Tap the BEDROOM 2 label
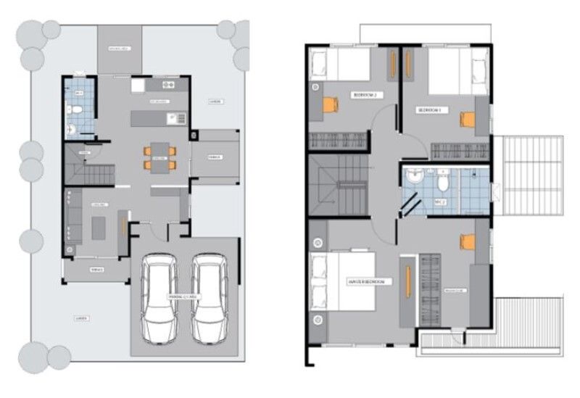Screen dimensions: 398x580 [365, 94]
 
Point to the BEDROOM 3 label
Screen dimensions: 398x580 [429, 109]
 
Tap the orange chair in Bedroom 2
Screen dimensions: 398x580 [330, 104]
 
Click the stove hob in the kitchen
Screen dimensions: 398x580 [165, 85]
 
